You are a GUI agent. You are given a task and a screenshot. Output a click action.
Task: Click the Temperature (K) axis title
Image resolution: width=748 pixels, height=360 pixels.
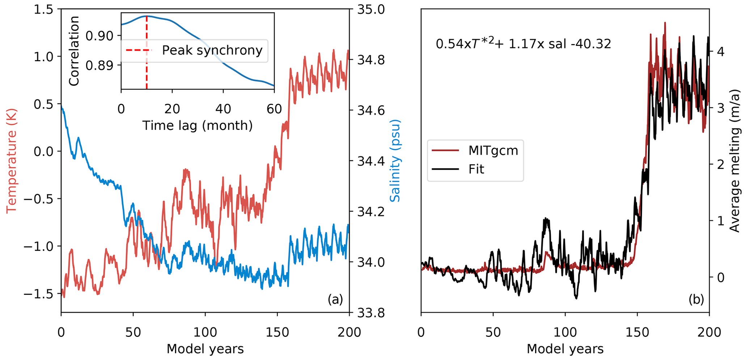(12, 161)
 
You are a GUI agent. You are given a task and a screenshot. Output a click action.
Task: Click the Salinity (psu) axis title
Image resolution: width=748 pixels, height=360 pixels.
(395, 161)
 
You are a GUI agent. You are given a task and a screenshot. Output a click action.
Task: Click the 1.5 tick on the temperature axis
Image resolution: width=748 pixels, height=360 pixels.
(44, 10)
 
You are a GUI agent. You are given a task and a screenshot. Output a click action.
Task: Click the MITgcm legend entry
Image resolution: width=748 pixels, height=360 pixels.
(493, 150)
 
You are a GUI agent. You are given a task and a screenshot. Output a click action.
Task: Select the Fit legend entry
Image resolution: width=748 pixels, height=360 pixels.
(476, 169)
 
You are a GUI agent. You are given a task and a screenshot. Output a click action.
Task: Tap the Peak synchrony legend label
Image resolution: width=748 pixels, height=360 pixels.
(212, 50)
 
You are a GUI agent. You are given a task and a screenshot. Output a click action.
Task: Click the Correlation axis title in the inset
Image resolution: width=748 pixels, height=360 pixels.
(74, 51)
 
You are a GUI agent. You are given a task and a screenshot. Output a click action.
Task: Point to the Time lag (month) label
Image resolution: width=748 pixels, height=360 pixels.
(197, 125)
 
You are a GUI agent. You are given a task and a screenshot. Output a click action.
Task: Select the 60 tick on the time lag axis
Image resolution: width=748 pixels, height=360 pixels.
(274, 109)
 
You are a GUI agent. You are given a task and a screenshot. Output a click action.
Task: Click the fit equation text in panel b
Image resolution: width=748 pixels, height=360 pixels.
(523, 43)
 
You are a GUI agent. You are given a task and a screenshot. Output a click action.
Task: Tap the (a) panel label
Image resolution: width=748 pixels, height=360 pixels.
(335, 299)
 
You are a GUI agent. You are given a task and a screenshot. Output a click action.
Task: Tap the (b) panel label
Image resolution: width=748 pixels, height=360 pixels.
(696, 299)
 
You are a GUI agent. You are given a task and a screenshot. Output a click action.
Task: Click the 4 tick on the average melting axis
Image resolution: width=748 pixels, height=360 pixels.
(720, 52)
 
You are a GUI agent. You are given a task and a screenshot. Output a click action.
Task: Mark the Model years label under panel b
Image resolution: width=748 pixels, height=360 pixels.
(565, 349)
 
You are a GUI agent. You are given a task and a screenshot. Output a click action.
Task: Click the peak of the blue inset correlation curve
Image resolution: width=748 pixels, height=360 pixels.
(147, 16)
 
